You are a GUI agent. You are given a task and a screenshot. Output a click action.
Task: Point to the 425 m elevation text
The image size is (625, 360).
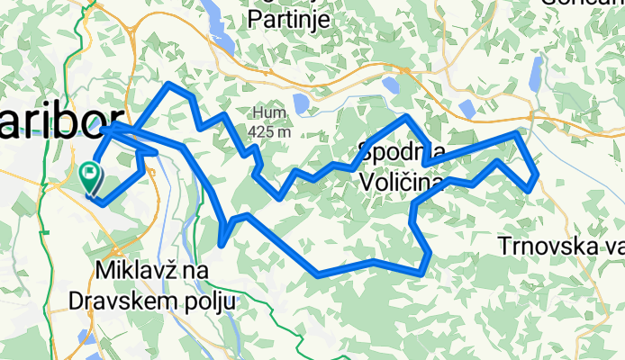[271, 131]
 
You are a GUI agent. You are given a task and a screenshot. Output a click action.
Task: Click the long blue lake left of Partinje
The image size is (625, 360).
[216, 22]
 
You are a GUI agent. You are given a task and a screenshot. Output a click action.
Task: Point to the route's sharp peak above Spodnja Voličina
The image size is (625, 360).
[407, 117]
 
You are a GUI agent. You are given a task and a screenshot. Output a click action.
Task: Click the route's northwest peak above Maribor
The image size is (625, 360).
[168, 85]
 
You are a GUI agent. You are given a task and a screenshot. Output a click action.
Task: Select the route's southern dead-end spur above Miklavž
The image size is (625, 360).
[222, 240]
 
